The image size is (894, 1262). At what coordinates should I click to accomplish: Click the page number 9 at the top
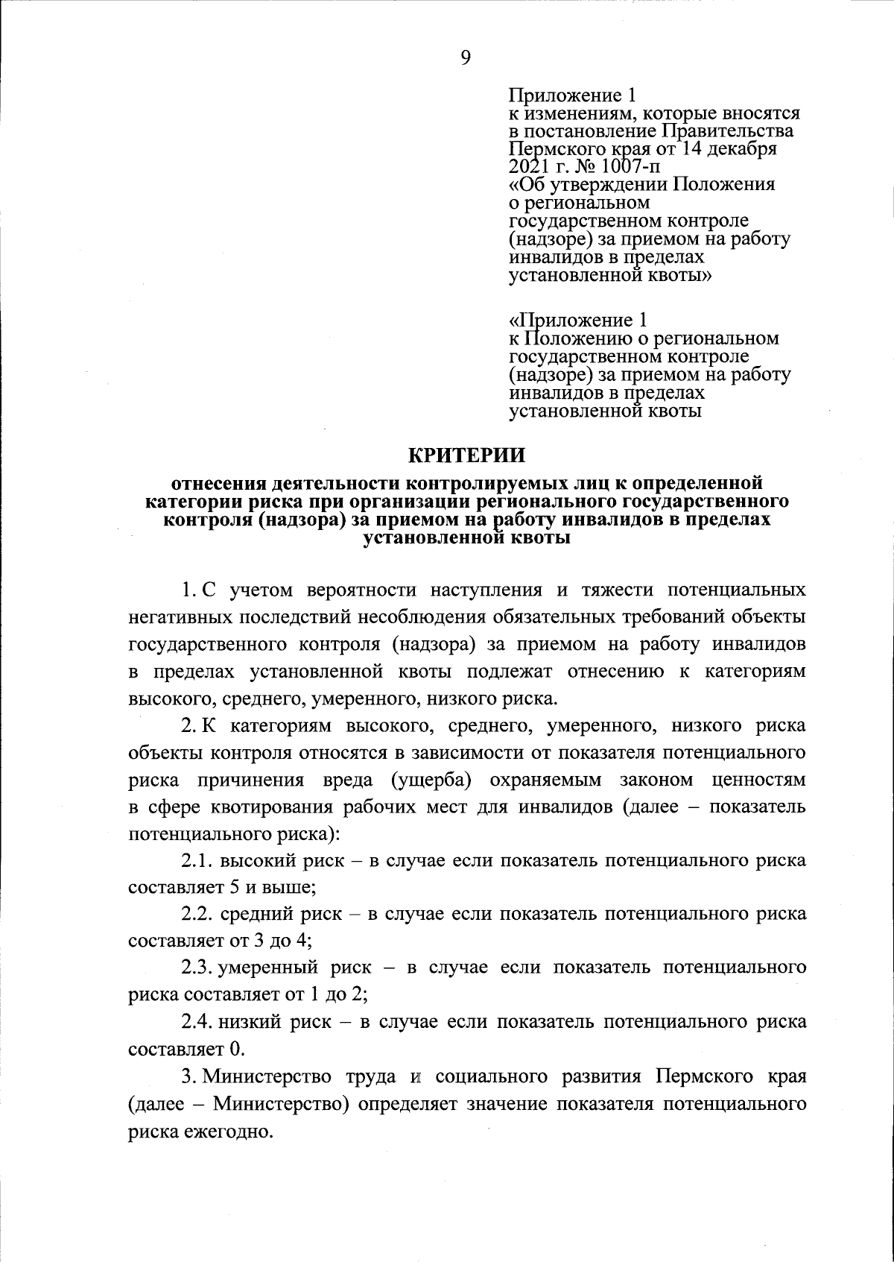point(465,58)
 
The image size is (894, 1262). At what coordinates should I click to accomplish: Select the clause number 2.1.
point(197,860)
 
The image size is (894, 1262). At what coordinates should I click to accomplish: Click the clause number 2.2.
point(197,913)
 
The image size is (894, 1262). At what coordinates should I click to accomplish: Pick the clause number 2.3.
point(197,967)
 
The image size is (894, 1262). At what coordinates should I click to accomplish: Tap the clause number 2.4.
point(197,1020)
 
